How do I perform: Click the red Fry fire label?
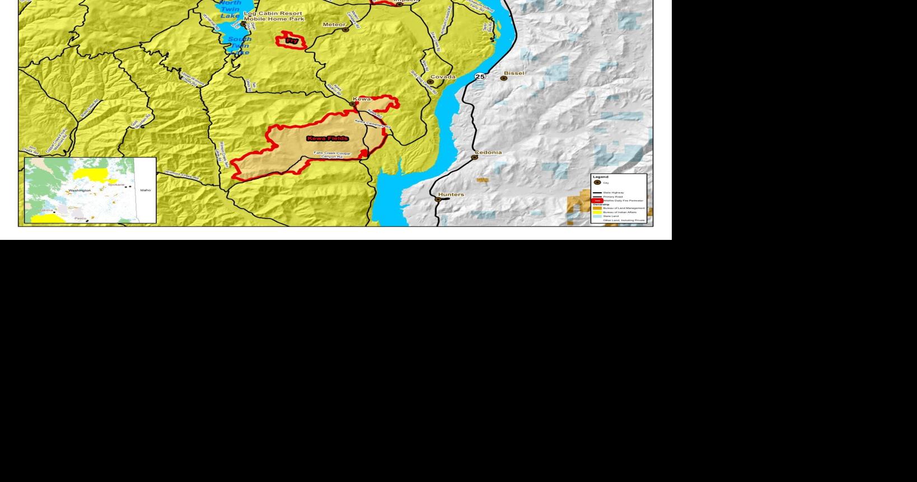[x=292, y=41]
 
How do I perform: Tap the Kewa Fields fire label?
[x=327, y=138]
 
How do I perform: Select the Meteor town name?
[x=334, y=25]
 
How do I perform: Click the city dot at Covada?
[x=430, y=82]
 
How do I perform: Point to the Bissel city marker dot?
[x=503, y=78]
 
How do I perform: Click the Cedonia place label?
[x=488, y=152]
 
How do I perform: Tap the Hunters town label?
[x=451, y=194]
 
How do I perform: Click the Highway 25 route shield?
[x=480, y=77]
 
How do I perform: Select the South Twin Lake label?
[x=239, y=45]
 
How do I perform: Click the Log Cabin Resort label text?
[x=274, y=13]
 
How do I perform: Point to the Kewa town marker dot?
[x=353, y=104]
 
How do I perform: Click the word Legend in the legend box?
[x=600, y=177]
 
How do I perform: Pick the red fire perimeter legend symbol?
[x=597, y=201]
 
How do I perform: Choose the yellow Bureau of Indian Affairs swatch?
[x=597, y=212]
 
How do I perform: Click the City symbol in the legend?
[x=597, y=183]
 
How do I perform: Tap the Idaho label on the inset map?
[x=146, y=190]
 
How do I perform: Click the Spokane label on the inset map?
[x=116, y=184]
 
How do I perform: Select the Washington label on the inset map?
[x=79, y=191]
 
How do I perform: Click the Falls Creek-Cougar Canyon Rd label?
[x=332, y=155]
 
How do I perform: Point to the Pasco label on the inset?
[x=80, y=218]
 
